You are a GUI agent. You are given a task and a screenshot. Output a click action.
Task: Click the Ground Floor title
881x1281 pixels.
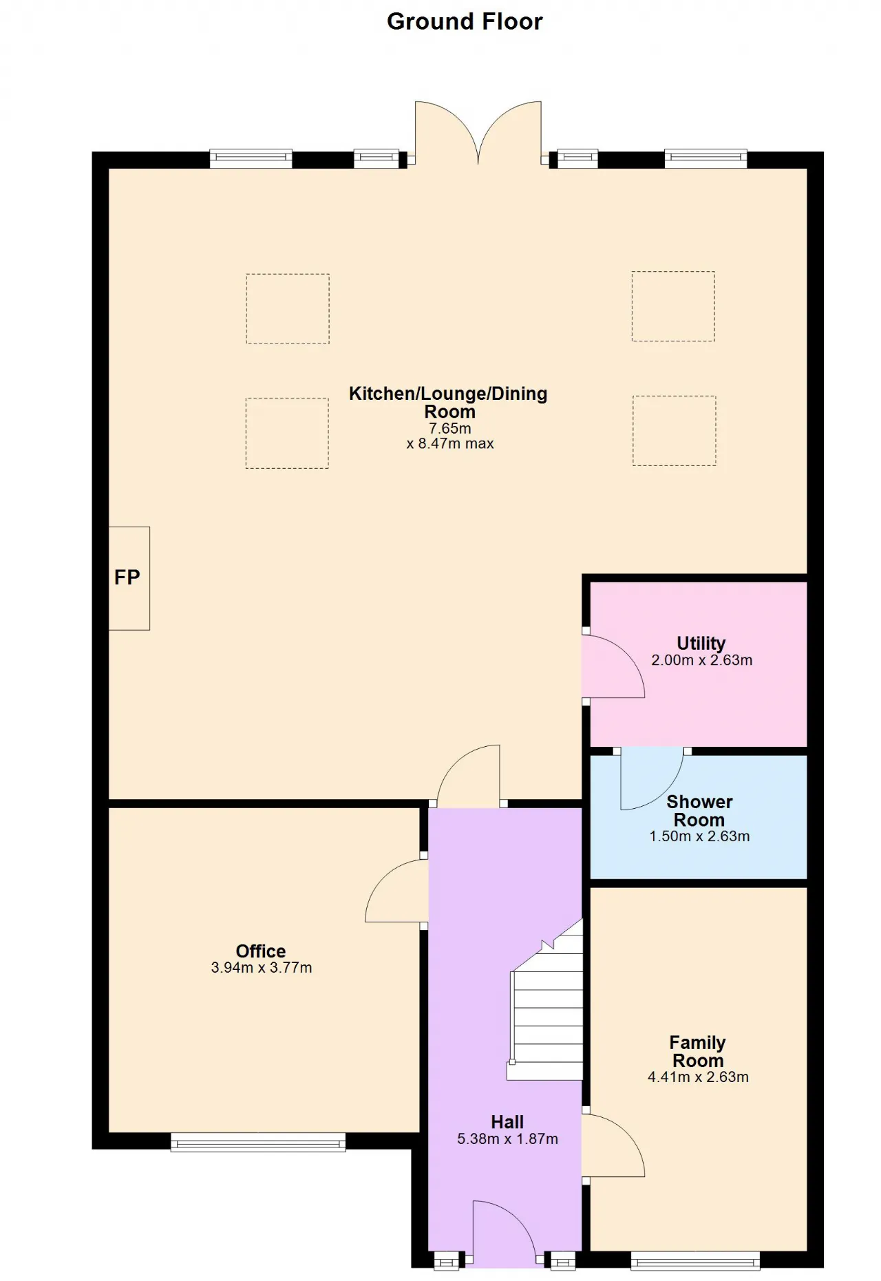465,22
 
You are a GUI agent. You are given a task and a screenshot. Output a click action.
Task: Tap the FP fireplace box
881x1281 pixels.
129,578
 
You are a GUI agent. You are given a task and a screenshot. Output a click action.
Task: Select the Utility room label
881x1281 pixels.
701,643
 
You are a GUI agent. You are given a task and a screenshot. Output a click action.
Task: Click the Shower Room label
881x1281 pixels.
699,811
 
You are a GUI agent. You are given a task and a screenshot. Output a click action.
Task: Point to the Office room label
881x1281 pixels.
261,951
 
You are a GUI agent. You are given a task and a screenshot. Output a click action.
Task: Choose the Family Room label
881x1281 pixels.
698,1052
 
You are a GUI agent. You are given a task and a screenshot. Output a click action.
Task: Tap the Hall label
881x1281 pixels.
507,1122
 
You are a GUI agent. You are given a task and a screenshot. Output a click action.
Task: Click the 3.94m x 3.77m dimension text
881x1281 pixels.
262,968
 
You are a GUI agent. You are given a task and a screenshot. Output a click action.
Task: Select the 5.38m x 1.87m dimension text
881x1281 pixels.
508,1139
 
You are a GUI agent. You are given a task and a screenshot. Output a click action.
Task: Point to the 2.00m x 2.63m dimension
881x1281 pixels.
702,660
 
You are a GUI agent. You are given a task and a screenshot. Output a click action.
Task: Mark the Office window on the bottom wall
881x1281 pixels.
258,1142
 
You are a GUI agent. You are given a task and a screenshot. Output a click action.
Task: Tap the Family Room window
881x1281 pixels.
695,1260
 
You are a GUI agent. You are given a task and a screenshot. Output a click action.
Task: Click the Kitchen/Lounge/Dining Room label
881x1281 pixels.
448,403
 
